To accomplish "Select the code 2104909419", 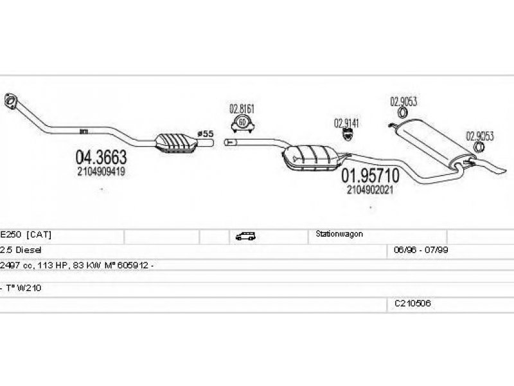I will [101, 172].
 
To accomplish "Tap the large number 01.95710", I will [369, 175].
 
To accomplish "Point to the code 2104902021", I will [369, 190].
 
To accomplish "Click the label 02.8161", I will [242, 109].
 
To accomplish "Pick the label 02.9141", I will [346, 122].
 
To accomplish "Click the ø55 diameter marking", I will [205, 134].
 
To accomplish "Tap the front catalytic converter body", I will [174, 142].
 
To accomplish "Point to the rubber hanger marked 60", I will [242, 122].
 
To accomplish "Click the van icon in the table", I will [244, 236].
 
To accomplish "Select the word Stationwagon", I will [339, 235].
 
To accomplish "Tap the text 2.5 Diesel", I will [21, 249].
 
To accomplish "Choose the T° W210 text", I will [24, 288].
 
